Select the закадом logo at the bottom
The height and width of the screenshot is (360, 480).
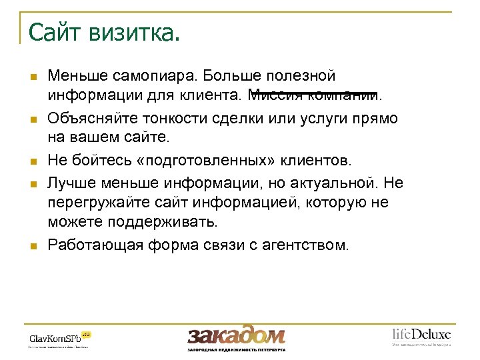236,336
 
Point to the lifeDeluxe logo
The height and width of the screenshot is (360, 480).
421,335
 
